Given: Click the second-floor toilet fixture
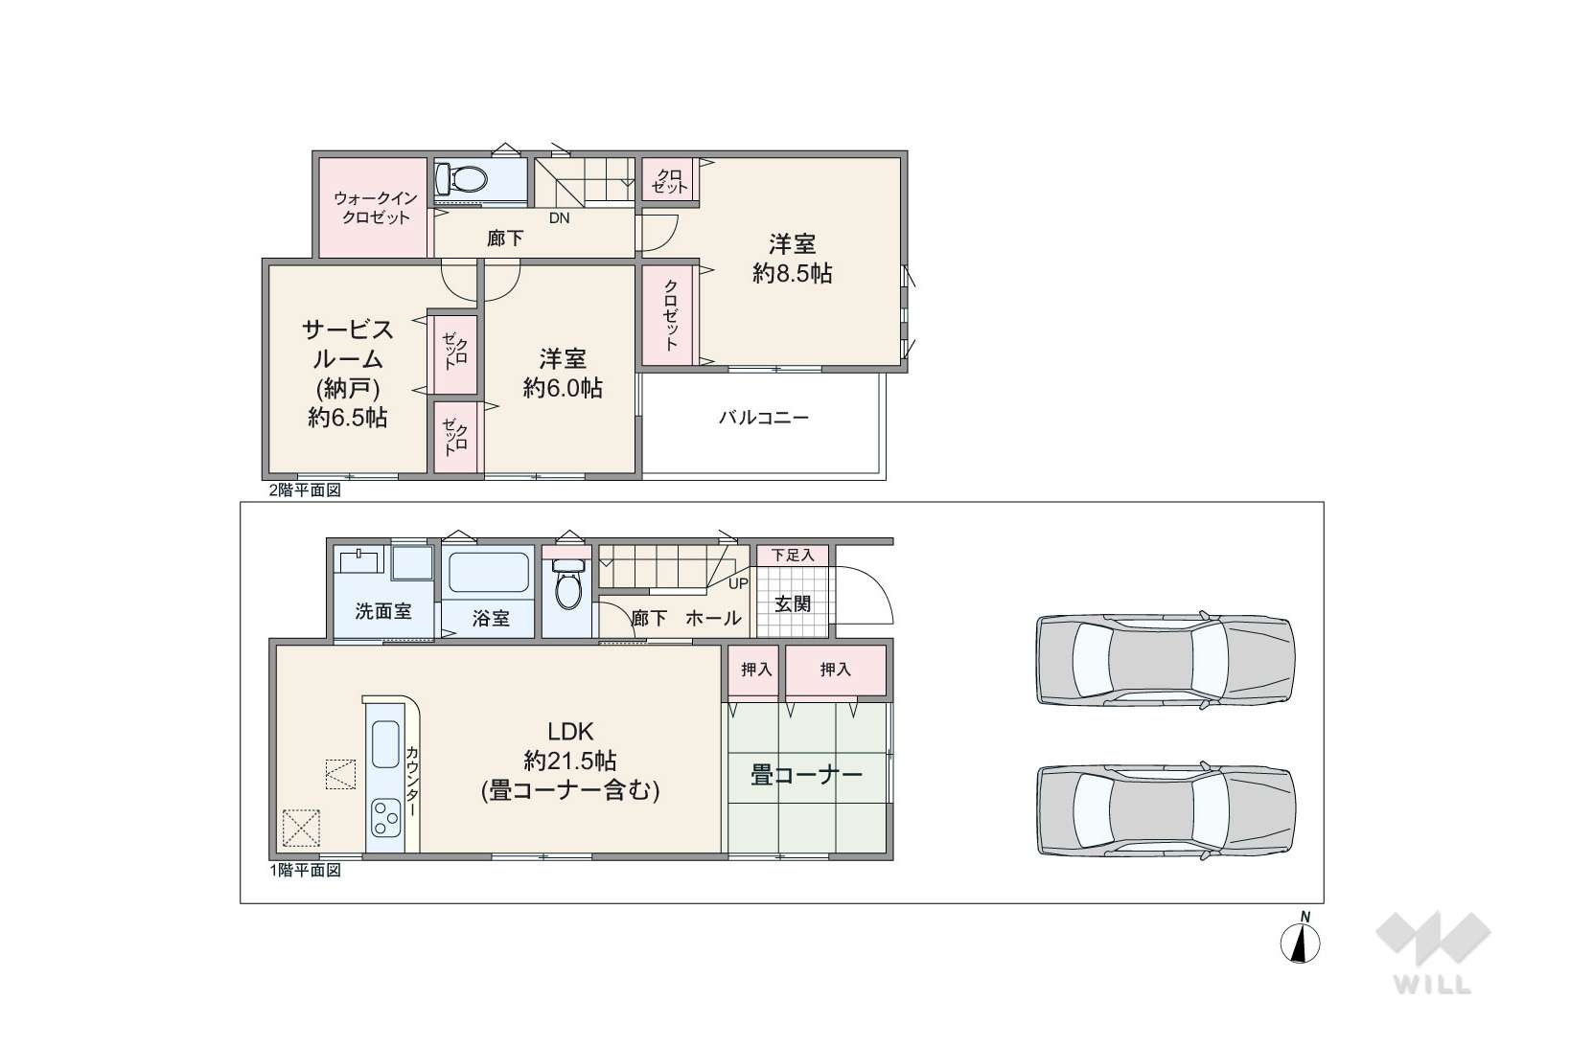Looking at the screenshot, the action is tap(461, 179).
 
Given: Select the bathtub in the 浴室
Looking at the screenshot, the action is tap(489, 573).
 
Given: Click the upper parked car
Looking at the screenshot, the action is tap(1165, 659).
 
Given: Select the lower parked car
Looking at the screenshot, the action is tap(1166, 810).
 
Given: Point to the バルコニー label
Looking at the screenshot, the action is tap(763, 419).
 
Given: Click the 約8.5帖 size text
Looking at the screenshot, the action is tap(792, 273).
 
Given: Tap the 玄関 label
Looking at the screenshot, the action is tap(792, 603).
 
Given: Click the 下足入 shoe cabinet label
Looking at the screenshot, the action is tap(792, 555).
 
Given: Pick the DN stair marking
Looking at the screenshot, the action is tap(559, 217).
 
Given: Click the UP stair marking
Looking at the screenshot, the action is tap(738, 583).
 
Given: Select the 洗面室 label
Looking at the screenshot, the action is tap(382, 611).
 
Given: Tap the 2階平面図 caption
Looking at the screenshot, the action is tap(305, 490).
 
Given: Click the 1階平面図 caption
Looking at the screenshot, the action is tap(306, 870).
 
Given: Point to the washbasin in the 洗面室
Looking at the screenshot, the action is tap(359, 559).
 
